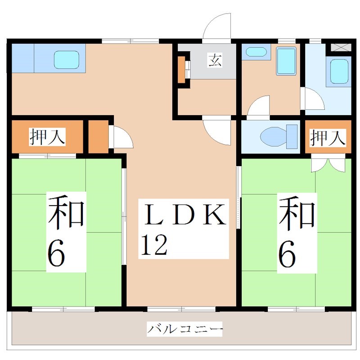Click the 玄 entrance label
point(215,60)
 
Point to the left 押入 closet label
point(47,137)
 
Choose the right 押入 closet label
point(328,137)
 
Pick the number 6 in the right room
point(287,255)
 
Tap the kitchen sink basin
point(66,59)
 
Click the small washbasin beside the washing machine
point(256,52)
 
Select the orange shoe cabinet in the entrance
point(181,69)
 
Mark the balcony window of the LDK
point(181,309)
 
